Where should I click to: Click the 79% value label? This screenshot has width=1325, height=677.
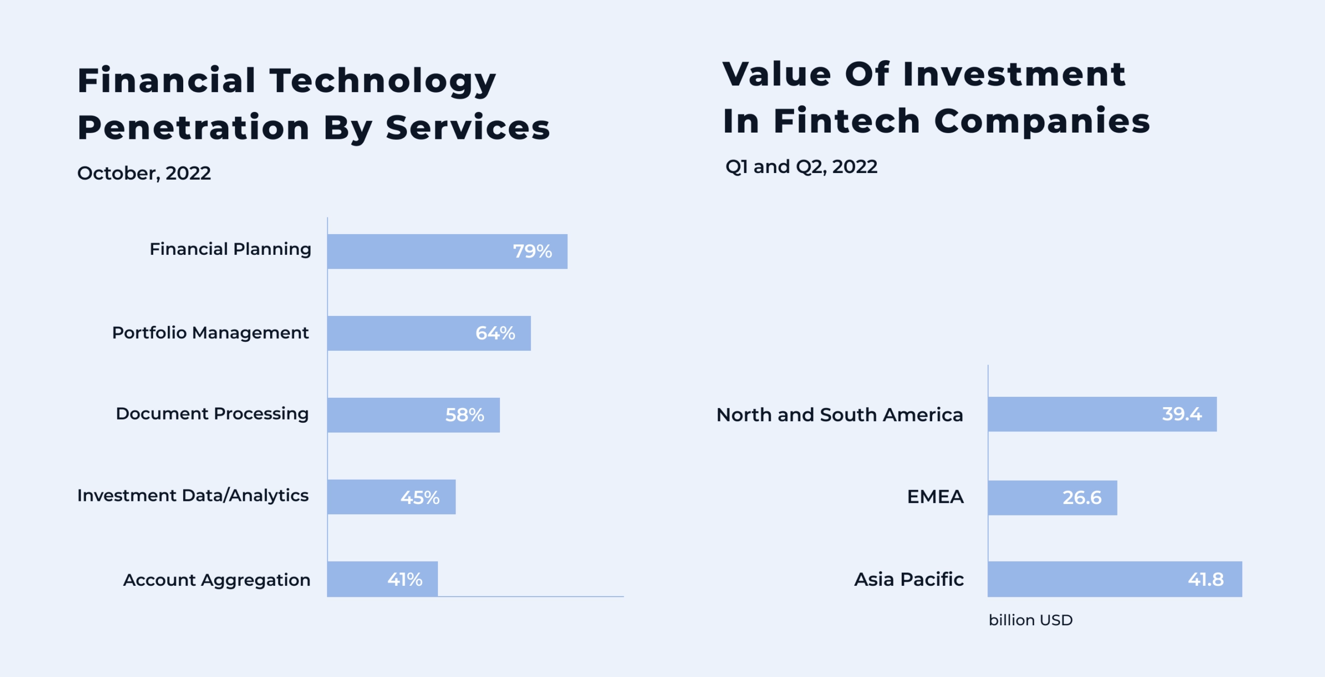tap(532, 251)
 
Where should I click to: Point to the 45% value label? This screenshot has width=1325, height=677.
tap(420, 498)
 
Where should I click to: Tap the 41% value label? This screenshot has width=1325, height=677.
tap(405, 579)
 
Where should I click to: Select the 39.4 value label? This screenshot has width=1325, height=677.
tap(1182, 414)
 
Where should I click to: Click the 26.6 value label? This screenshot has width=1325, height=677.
tap(1082, 498)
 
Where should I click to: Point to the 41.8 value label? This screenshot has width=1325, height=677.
tap(1205, 579)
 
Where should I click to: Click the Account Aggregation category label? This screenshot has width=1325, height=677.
tap(216, 580)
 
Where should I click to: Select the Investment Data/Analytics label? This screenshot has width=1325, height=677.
tap(193, 496)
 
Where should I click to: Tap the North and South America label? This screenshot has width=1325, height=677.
tap(840, 415)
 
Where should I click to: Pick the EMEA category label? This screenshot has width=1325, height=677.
tap(935, 497)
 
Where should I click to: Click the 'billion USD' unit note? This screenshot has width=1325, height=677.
tap(1030, 620)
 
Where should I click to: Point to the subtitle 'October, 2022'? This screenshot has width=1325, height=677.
tap(144, 173)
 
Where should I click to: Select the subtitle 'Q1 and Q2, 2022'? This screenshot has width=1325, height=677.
tap(801, 167)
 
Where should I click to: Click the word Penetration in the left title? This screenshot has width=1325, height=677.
tap(194, 127)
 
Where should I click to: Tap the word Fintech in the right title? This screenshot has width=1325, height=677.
tap(847, 121)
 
